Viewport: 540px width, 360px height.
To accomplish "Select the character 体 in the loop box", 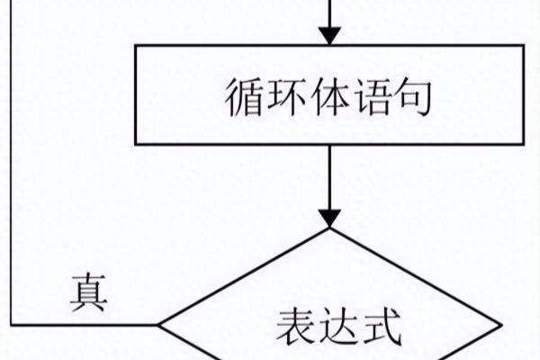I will tap(328, 95).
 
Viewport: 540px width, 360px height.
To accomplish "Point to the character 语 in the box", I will tap(371, 95).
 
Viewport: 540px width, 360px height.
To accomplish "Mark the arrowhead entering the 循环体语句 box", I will tap(330, 35).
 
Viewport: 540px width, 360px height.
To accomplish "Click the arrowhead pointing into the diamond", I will tap(330, 218).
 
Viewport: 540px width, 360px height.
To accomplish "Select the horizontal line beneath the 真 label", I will tap(85, 324).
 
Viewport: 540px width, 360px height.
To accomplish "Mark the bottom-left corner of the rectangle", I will tap(136, 144).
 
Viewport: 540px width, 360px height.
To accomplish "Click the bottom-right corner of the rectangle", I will tap(525, 144).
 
